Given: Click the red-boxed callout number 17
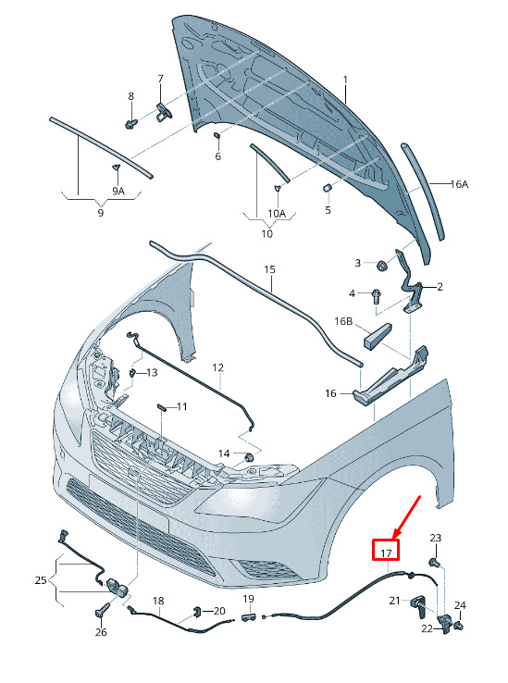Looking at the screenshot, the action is (x=386, y=553).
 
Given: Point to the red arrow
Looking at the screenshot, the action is (x=407, y=517).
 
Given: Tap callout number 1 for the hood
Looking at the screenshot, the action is (x=345, y=81).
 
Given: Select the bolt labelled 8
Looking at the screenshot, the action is (x=131, y=124).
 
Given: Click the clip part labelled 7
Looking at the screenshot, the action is (x=165, y=111).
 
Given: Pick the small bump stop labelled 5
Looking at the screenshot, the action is (x=328, y=188).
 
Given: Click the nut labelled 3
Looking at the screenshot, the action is (x=382, y=265).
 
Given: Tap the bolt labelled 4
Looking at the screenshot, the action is (x=375, y=296).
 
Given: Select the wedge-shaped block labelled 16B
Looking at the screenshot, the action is (x=378, y=334).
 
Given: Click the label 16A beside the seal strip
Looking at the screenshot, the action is (x=459, y=184).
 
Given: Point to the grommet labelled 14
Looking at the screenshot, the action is (x=250, y=457).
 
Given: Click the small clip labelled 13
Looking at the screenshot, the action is (x=132, y=372).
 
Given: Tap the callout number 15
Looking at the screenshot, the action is (x=269, y=269).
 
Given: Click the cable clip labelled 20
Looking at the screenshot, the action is (x=196, y=612).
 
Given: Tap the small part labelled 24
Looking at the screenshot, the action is (x=457, y=626).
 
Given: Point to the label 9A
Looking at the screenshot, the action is (x=118, y=191).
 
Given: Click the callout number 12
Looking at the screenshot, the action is (x=217, y=367).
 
